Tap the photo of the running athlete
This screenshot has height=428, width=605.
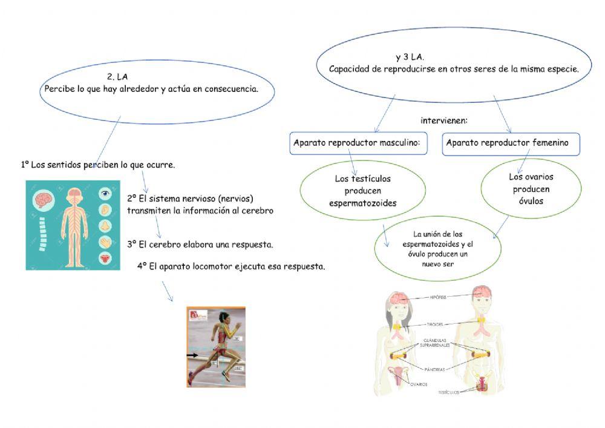pyautogui.click(x=216, y=346)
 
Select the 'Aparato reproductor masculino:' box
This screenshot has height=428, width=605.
pyautogui.click(x=360, y=143)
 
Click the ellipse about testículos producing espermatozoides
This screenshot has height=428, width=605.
pyautogui.click(x=362, y=191)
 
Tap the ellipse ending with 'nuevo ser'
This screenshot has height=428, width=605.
pyautogui.click(x=438, y=249)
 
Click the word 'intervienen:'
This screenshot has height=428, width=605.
pyautogui.click(x=444, y=120)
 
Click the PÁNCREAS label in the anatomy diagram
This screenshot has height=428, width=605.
pyautogui.click(x=434, y=369)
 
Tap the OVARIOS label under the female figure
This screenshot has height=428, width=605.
pyautogui.click(x=419, y=384)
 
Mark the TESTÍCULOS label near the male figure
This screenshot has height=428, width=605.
pyautogui.click(x=448, y=392)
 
